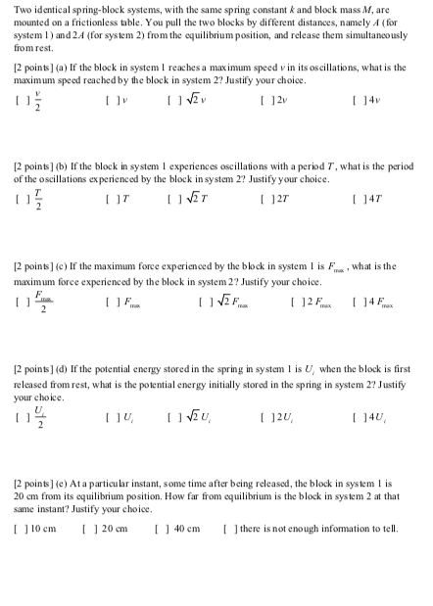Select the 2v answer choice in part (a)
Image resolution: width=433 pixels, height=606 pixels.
pyautogui.click(x=267, y=101)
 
